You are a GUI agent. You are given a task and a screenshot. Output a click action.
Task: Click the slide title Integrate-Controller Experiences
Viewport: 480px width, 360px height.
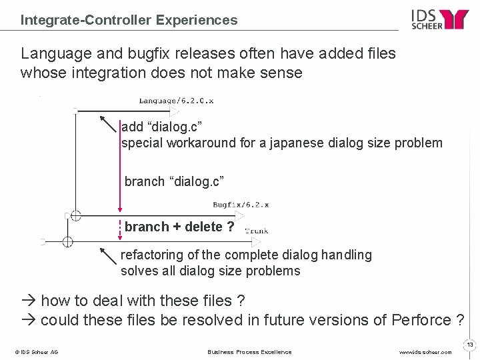[129, 20]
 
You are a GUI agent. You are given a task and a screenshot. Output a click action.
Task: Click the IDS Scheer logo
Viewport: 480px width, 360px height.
[440, 19]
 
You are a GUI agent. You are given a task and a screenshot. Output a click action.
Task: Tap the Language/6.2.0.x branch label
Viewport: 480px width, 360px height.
[176, 101]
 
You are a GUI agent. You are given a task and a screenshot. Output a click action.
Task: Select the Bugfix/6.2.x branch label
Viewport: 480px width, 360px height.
[241, 205]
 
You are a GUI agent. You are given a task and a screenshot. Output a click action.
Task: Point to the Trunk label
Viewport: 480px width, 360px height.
[257, 231]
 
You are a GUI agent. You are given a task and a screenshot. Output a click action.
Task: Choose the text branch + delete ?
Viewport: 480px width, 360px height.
[179, 227]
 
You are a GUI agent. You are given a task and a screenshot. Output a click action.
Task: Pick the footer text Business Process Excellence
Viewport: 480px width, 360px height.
[249, 352]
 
